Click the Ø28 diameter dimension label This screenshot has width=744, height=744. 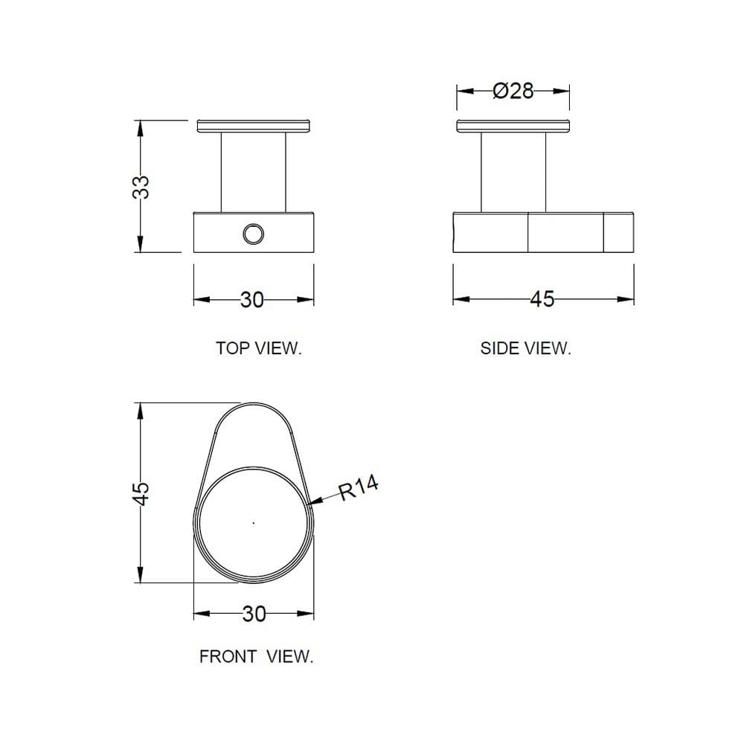(x=513, y=91)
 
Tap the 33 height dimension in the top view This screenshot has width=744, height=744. (x=141, y=187)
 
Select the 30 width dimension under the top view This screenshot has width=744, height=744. (x=252, y=300)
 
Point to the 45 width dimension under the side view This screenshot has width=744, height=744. (x=542, y=299)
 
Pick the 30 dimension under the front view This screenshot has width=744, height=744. (x=254, y=614)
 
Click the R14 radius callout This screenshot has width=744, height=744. (x=359, y=488)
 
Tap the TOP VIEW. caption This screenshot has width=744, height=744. (x=259, y=348)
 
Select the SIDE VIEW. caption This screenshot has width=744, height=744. (x=526, y=348)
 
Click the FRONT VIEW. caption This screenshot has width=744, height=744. (x=256, y=657)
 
